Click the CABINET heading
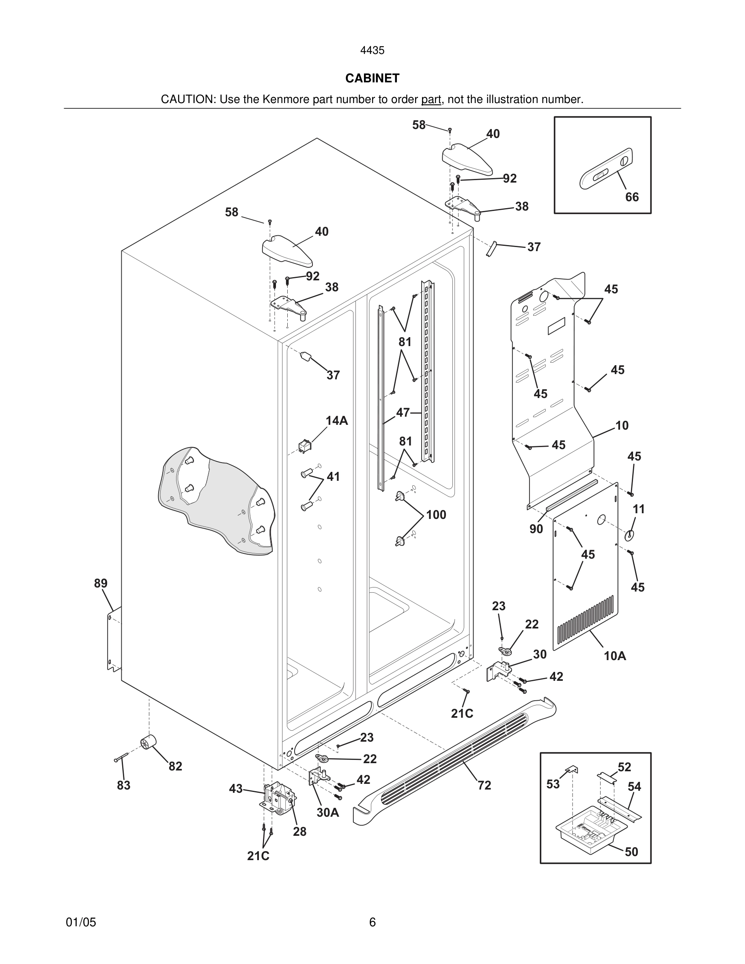372,78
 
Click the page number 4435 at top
372,51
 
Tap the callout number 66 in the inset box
631,197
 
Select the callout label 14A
337,421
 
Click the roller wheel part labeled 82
148,743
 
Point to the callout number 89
101,583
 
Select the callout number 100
436,515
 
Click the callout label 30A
327,813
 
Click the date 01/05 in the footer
81,922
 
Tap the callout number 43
236,788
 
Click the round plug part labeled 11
629,536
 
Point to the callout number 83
124,785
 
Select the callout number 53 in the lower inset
553,784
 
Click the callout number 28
300,832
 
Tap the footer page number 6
372,922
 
